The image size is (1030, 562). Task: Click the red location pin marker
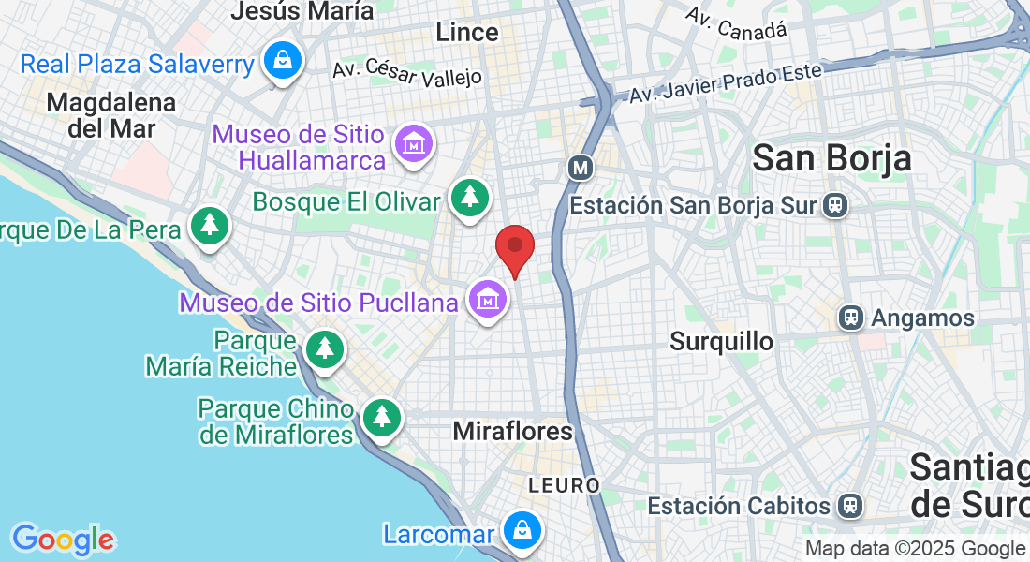(514, 248)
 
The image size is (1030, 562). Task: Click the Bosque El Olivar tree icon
(469, 197)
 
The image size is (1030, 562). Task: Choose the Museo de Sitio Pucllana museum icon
(488, 299)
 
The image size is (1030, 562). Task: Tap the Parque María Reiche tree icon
(325, 348)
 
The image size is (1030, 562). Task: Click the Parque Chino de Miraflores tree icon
(380, 417)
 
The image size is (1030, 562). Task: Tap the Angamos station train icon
(851, 318)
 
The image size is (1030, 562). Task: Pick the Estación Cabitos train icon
(850, 506)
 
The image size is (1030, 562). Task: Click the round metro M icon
(581, 169)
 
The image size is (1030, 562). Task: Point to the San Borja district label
(831, 158)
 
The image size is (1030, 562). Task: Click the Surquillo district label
(721, 342)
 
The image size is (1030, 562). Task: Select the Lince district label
(467, 33)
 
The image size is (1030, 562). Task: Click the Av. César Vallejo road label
(406, 72)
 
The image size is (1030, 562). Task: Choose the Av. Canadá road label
(735, 23)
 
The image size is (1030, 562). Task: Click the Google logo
(63, 540)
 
